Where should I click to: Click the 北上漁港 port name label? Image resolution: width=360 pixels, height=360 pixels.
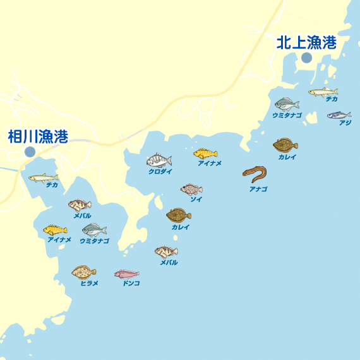click(306, 42)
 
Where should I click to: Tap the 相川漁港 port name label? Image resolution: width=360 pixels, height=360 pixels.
click(38, 136)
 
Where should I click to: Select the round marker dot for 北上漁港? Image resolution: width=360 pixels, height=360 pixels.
click(306, 57)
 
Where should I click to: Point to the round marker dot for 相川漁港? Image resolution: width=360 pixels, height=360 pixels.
click(30, 152)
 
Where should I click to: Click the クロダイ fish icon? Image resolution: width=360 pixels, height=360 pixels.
click(159, 161)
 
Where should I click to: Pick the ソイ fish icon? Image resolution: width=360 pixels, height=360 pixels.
click(191, 189)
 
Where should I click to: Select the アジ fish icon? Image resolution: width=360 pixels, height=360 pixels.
click(339, 115)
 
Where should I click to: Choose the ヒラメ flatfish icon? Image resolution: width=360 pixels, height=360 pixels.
click(83, 272)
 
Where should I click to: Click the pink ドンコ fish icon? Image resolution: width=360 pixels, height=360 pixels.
click(127, 274)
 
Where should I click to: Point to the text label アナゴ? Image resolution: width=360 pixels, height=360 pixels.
click(258, 188)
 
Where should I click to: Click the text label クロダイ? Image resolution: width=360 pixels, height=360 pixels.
click(160, 172)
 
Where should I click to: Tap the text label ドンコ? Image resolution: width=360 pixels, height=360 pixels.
click(131, 284)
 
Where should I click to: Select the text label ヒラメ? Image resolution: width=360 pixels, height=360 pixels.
click(89, 284)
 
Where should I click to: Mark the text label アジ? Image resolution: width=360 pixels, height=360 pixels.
click(345, 123)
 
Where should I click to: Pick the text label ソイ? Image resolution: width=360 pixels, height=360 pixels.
click(196, 199)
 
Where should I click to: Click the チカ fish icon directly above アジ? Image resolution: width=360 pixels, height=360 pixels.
click(323, 92)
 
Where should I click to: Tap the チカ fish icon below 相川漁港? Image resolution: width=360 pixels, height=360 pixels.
click(43, 177)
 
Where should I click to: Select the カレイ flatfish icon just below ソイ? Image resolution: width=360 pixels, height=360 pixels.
click(179, 215)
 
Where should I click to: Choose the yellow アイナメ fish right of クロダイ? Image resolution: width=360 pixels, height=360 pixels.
click(205, 153)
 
